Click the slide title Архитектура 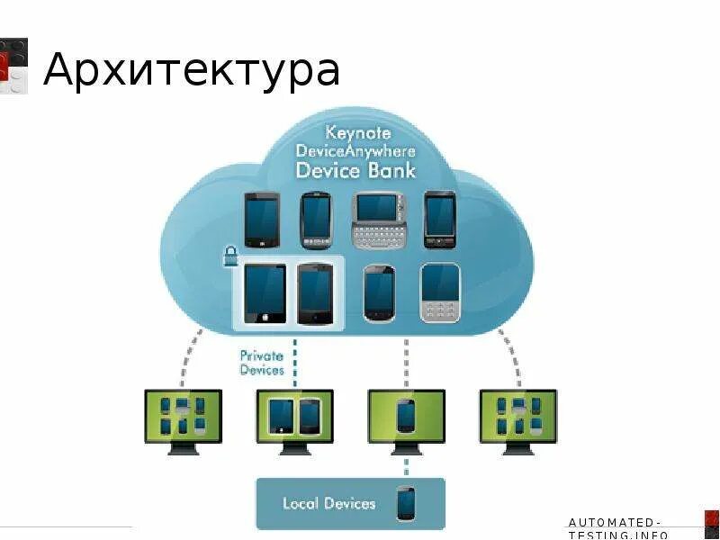click(191, 70)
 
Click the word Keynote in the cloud click(357, 133)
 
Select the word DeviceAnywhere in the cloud click(356, 151)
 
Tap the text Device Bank click(356, 170)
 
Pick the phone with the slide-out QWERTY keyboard click(382, 221)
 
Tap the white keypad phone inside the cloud click(440, 292)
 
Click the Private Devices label click(262, 363)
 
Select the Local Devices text click(328, 503)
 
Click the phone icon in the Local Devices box click(406, 503)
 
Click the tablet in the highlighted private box click(265, 293)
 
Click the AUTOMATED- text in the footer click(616, 522)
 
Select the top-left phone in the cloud click(262, 219)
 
